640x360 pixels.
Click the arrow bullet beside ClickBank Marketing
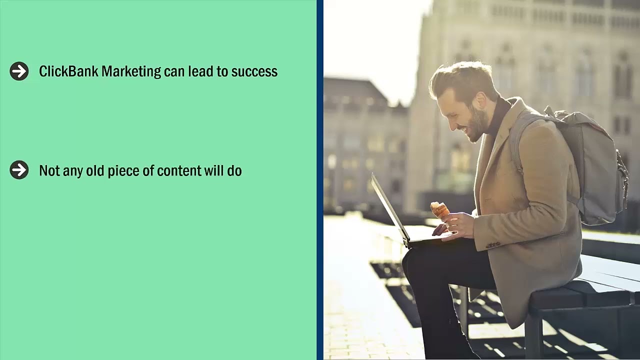(x=19, y=71)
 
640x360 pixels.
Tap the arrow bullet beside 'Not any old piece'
(x=19, y=170)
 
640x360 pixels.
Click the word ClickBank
(x=68, y=71)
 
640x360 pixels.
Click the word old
(x=94, y=171)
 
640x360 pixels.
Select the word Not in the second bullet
(x=49, y=171)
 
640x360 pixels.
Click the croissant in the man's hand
(x=439, y=210)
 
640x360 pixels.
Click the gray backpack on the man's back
(x=595, y=165)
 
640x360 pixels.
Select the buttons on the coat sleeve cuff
(x=493, y=245)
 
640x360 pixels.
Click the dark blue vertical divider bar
(x=319, y=180)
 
